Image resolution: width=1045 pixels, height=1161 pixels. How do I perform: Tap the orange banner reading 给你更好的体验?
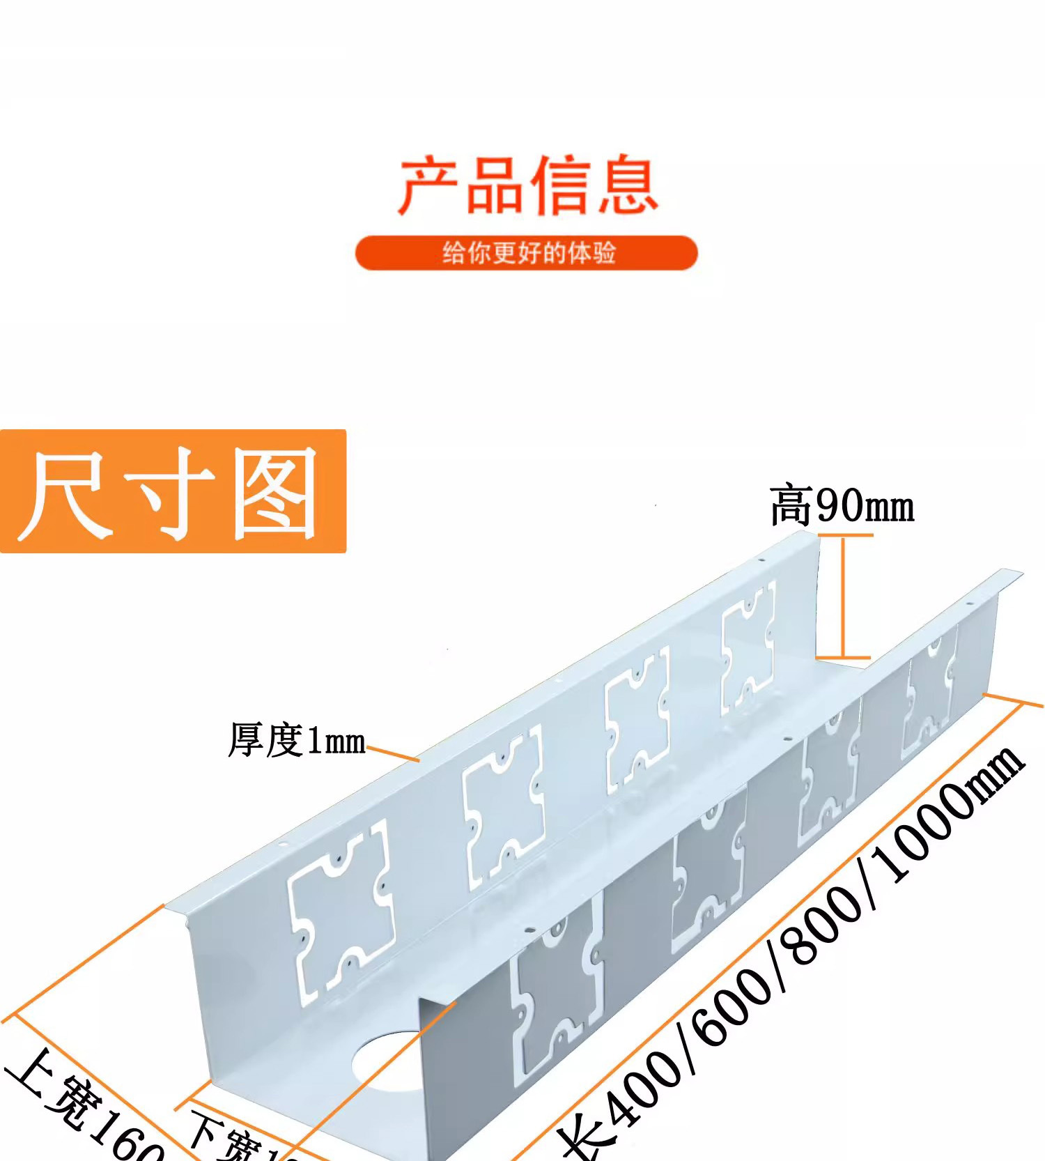click(x=527, y=252)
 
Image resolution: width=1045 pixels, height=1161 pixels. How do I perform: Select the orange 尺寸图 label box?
click(x=173, y=491)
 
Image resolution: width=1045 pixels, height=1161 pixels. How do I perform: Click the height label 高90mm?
click(x=842, y=506)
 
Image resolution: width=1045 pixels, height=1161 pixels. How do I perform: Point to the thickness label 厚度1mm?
click(x=297, y=740)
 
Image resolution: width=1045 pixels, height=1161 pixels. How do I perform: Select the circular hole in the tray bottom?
click(x=387, y=1063)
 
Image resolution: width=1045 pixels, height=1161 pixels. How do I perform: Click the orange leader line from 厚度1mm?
click(x=393, y=753)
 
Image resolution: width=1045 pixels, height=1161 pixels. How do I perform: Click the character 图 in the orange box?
click(x=275, y=493)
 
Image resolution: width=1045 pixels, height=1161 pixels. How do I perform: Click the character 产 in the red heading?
click(x=426, y=186)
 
